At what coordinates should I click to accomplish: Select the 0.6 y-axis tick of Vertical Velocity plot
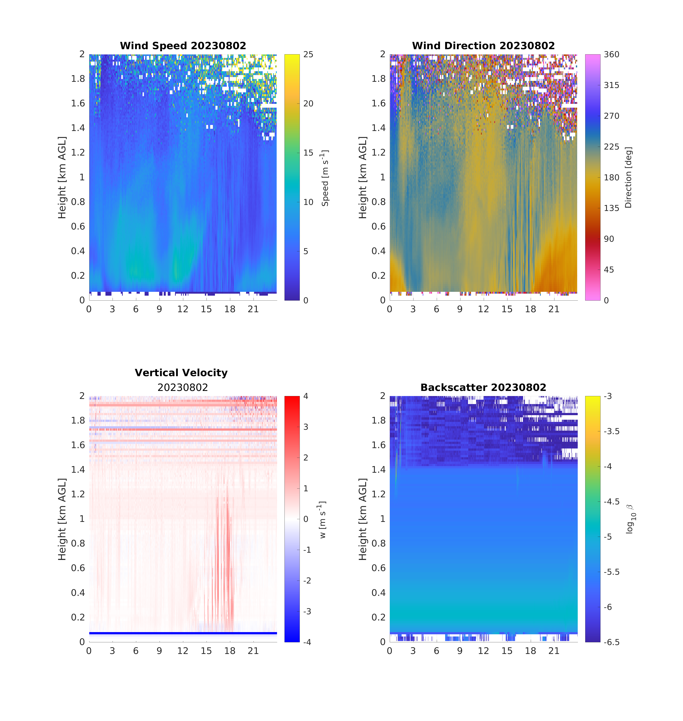78,568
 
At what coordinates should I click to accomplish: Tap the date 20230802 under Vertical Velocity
183,387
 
